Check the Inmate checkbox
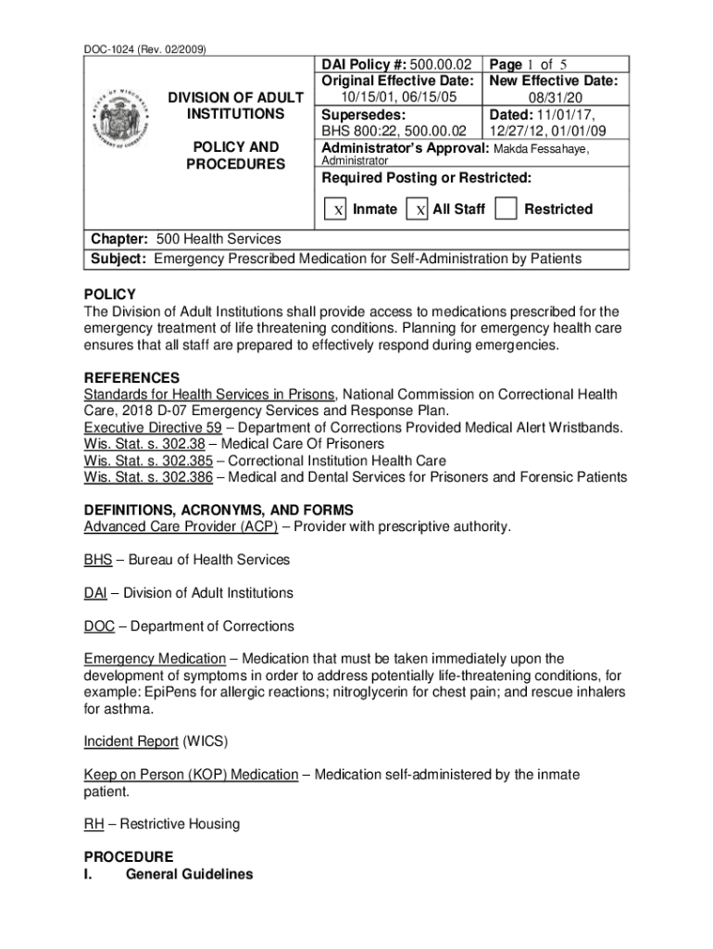pos(338,209)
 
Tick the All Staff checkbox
pos(419,209)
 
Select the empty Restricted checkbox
pos(506,209)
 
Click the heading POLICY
pos(109,295)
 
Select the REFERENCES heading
pos(131,378)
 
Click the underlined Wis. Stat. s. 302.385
pos(148,461)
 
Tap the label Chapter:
pos(119,239)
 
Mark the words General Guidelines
pos(189,874)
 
